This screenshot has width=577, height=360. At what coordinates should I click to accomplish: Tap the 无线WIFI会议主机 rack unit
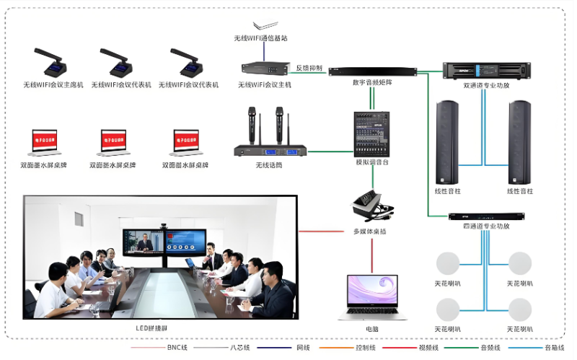[x=265, y=68]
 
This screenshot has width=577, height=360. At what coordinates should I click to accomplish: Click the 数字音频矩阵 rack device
[x=372, y=71]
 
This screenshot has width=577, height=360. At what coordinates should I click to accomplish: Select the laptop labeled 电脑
[x=371, y=296]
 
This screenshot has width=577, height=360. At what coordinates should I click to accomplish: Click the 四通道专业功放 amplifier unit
[x=486, y=216]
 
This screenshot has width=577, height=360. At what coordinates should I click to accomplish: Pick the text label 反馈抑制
[x=309, y=68]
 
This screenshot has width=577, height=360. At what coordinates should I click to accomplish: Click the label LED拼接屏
[x=151, y=328]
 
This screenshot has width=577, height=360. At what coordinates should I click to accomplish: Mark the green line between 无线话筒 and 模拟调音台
[x=328, y=152]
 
